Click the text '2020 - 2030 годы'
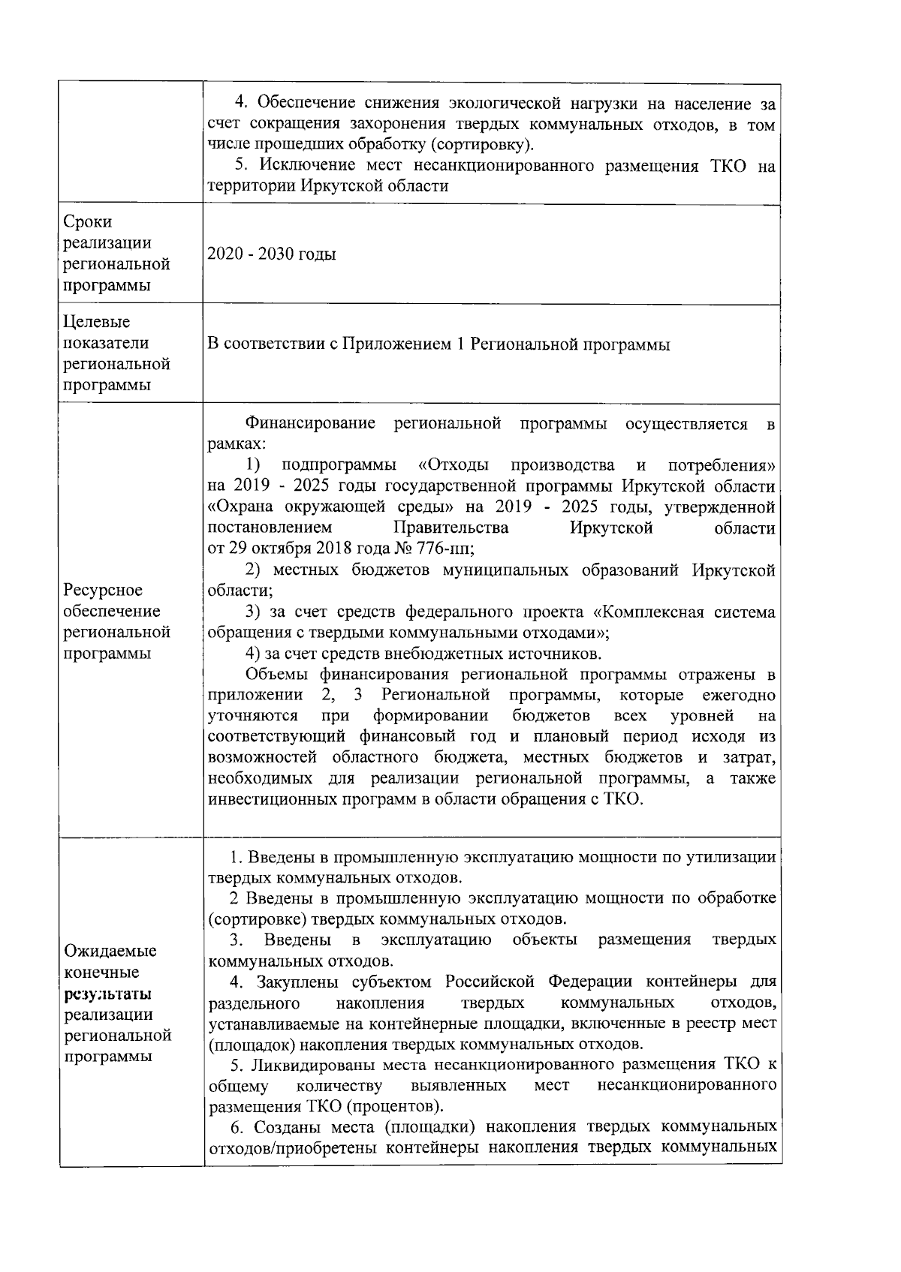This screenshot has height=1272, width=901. tap(271, 254)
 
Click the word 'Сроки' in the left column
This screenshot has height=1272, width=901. tap(88, 222)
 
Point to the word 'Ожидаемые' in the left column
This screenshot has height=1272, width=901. tap(110, 952)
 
